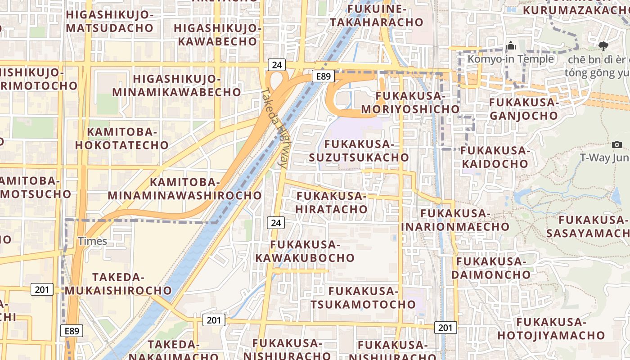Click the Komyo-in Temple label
510,59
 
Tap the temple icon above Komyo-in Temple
511,45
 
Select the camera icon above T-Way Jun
617,144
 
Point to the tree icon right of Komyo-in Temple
603,45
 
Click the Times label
93,241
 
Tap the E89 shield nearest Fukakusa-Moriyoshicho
323,76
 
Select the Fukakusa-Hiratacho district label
332,202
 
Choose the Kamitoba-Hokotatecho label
122,138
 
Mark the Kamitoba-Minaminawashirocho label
184,189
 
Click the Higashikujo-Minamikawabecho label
177,85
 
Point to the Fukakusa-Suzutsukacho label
359,151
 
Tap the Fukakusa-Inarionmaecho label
455,220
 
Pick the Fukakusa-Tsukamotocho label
363,297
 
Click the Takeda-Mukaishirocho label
118,283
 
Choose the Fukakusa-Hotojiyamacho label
551,328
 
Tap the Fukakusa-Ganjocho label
524,109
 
